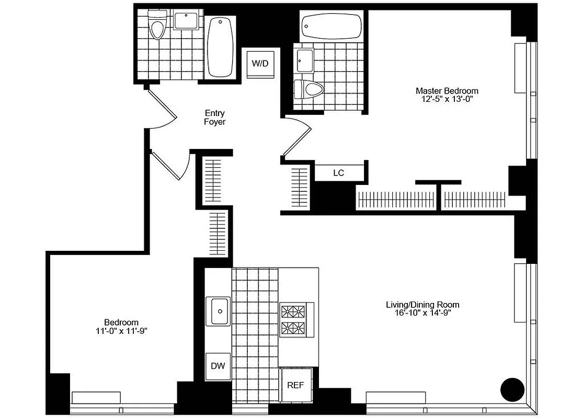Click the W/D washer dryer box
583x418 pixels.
(x=260, y=64)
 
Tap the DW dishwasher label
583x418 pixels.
(x=218, y=366)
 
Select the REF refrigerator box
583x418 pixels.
(x=295, y=385)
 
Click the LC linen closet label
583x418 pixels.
(x=338, y=173)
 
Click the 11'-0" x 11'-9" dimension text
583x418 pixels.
(x=121, y=330)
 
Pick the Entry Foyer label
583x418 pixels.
(x=214, y=117)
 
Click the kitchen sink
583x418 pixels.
(x=218, y=311)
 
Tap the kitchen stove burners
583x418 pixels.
(x=293, y=320)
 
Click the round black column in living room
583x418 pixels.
(x=512, y=389)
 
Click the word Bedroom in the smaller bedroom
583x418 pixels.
(x=121, y=322)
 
